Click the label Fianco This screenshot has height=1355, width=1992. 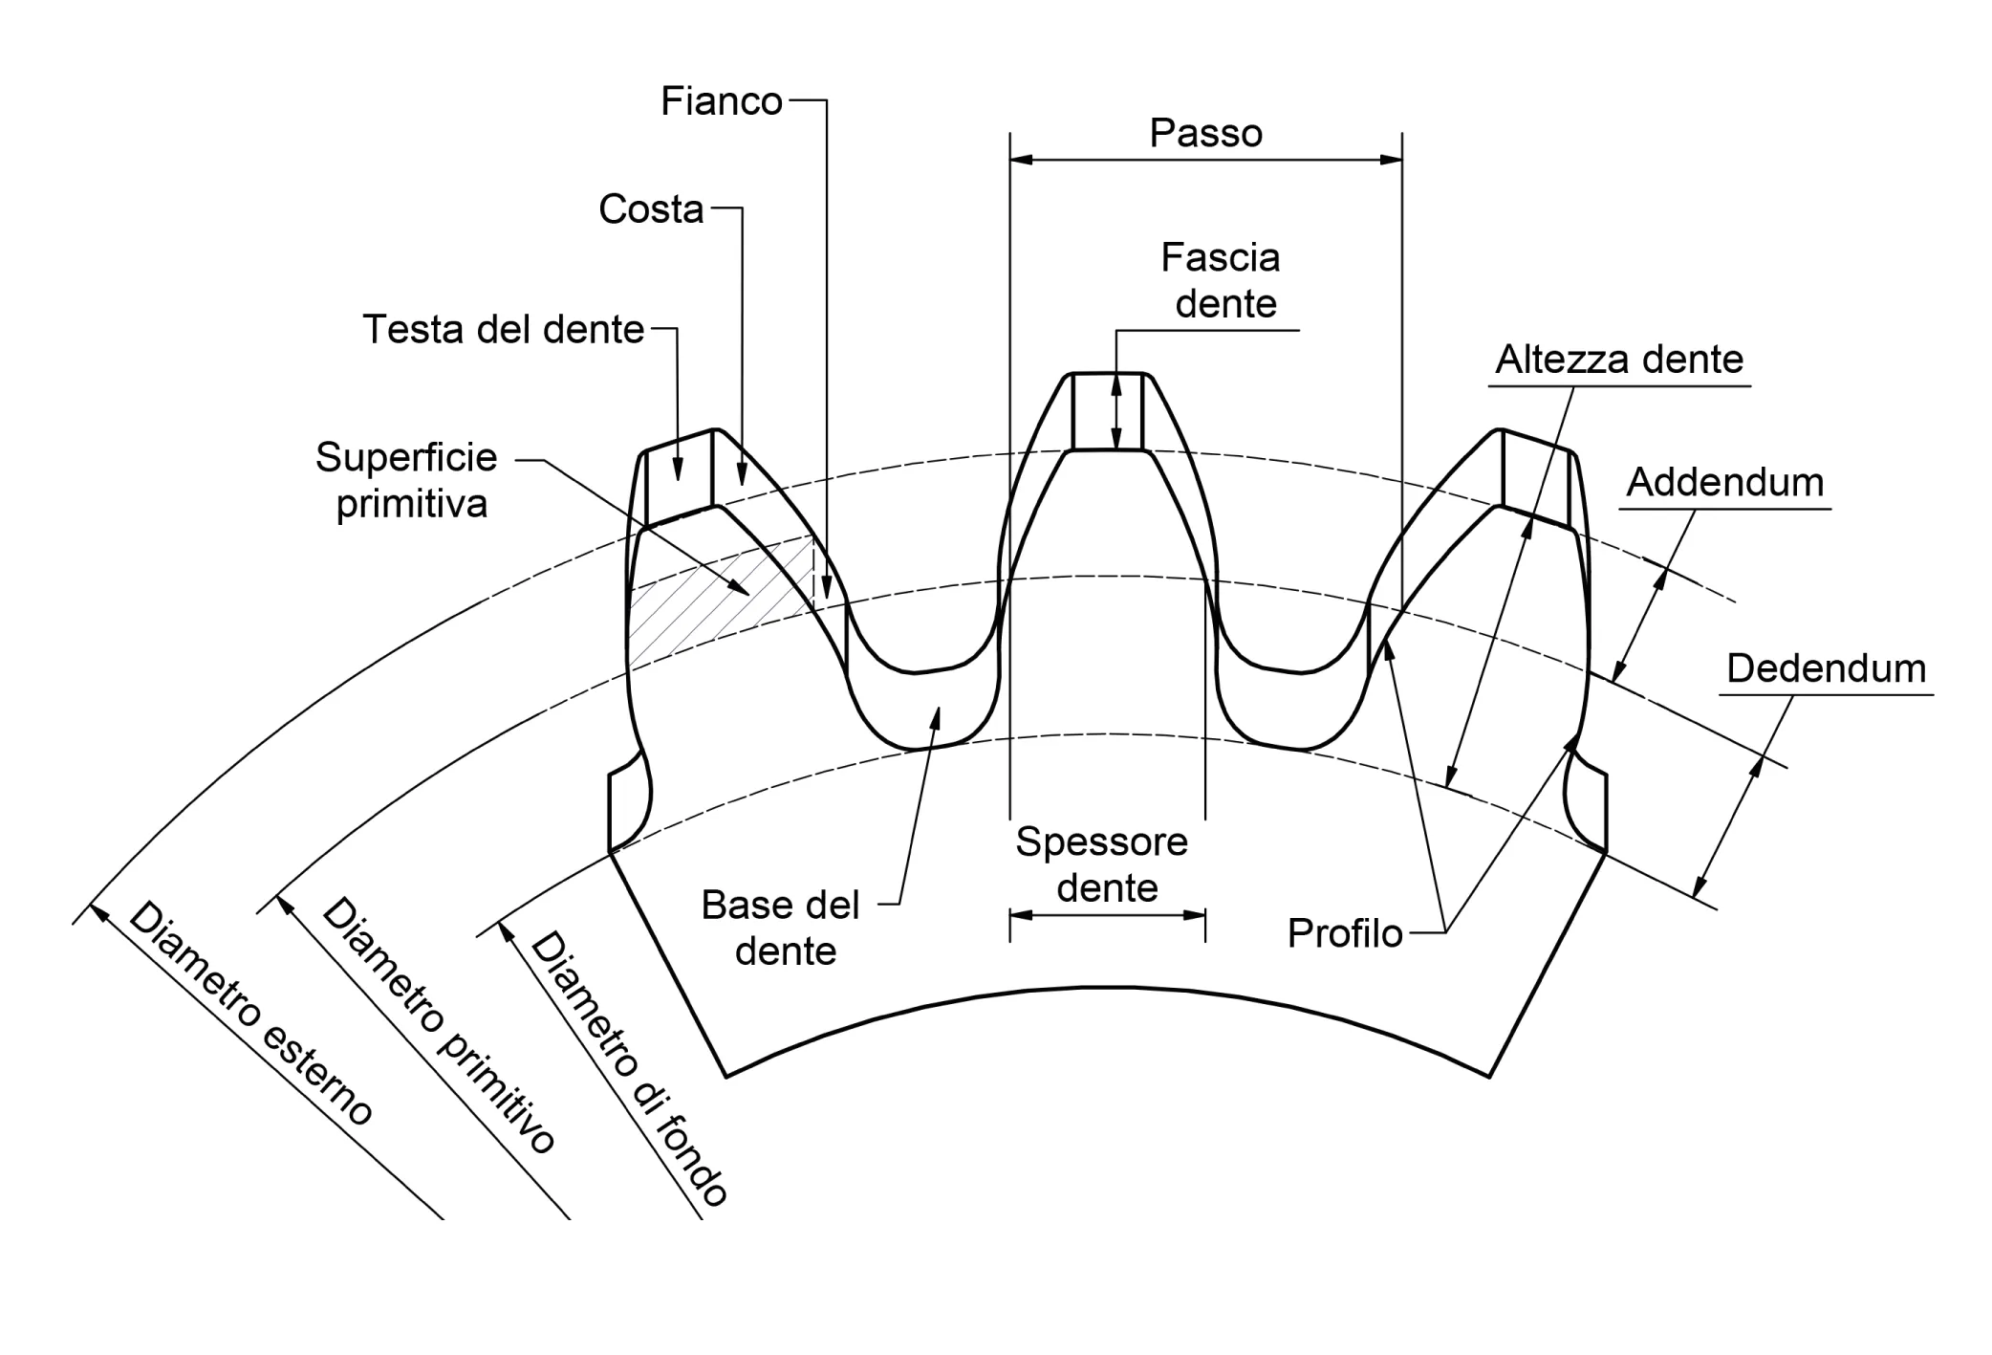point(722,101)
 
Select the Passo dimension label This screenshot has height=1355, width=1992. point(1205,133)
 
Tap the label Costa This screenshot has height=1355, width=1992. point(651,209)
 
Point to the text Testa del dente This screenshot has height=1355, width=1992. point(504,330)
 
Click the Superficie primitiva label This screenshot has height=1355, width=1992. point(407,480)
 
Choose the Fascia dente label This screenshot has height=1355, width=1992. point(1221,280)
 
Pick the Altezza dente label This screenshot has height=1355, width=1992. point(1619,360)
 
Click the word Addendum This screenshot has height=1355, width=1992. point(1725,482)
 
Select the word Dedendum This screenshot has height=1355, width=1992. point(1826,668)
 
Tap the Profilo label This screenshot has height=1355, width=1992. point(1345,933)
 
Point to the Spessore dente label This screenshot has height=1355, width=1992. point(1103,865)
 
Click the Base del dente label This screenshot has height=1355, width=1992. point(781,929)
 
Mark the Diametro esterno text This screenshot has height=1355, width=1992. point(251,1014)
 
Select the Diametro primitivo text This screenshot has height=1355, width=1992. point(440,1025)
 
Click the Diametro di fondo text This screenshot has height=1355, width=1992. point(631,1069)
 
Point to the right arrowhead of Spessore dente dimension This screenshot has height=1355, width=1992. point(1194,915)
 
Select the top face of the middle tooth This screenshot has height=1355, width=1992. point(1107,411)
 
